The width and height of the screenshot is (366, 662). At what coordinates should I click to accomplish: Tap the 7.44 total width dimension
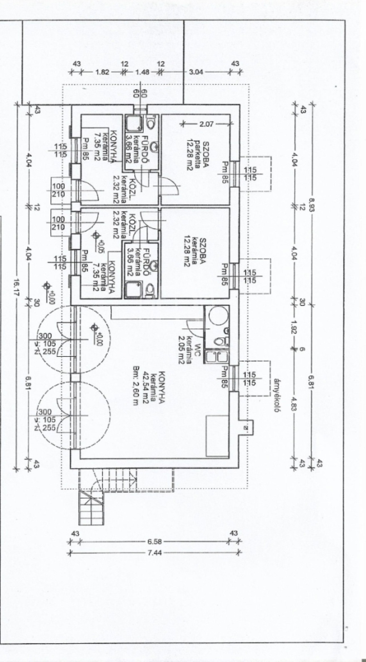pos(154,553)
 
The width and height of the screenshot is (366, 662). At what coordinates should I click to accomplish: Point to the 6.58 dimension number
pos(154,542)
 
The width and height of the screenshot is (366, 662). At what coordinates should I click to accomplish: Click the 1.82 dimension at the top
pos(102,71)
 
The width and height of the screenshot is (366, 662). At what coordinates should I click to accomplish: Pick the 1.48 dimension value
pos(142,71)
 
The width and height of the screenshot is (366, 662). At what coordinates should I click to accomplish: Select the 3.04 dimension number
pos(196,71)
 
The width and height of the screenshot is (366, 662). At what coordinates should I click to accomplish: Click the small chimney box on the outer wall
pos(246,427)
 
